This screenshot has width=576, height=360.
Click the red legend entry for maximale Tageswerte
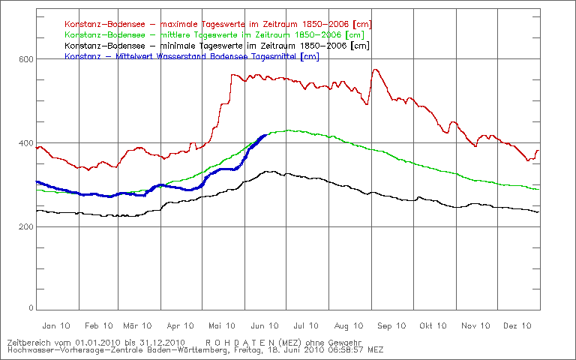tap(217, 25)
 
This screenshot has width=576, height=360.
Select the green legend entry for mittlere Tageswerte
tap(215, 35)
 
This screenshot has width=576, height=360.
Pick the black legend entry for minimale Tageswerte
tap(217, 46)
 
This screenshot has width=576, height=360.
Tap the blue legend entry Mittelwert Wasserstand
tap(192, 56)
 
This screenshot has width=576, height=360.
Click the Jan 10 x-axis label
tap(57, 325)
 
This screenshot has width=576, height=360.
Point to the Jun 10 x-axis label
tap(265, 325)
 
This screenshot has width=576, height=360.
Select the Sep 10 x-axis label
tap(391, 325)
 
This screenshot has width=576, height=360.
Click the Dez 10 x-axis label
tap(518, 325)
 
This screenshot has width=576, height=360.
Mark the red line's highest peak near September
tap(374, 70)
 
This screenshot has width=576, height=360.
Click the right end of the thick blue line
tap(266, 135)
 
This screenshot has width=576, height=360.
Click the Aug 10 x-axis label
tap(349, 325)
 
